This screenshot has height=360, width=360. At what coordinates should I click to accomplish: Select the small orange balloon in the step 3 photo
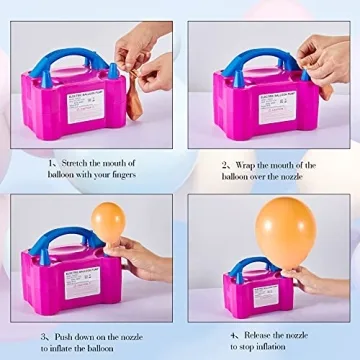[x=110, y=221]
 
